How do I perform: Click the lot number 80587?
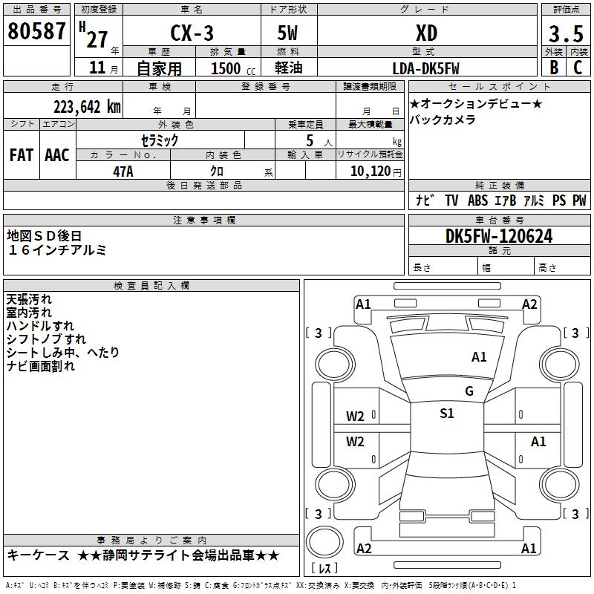[36, 31]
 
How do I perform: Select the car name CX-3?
[191, 33]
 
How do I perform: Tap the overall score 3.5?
[566, 35]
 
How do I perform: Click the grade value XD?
[426, 33]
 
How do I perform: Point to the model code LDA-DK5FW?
[426, 68]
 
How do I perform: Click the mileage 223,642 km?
[87, 106]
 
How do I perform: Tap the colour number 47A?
[123, 172]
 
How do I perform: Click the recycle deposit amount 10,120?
[368, 172]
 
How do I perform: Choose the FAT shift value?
[21, 155]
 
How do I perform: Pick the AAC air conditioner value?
[57, 155]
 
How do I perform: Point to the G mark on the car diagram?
[469, 391]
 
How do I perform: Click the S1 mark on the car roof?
[446, 414]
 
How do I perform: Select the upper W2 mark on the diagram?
[355, 416]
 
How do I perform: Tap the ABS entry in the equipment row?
[479, 200]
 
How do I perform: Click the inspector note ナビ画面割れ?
[40, 366]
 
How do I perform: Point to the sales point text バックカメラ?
[443, 120]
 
